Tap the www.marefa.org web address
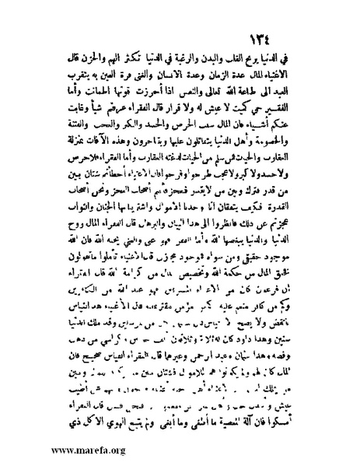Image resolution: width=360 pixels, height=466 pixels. coord(58,450)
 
